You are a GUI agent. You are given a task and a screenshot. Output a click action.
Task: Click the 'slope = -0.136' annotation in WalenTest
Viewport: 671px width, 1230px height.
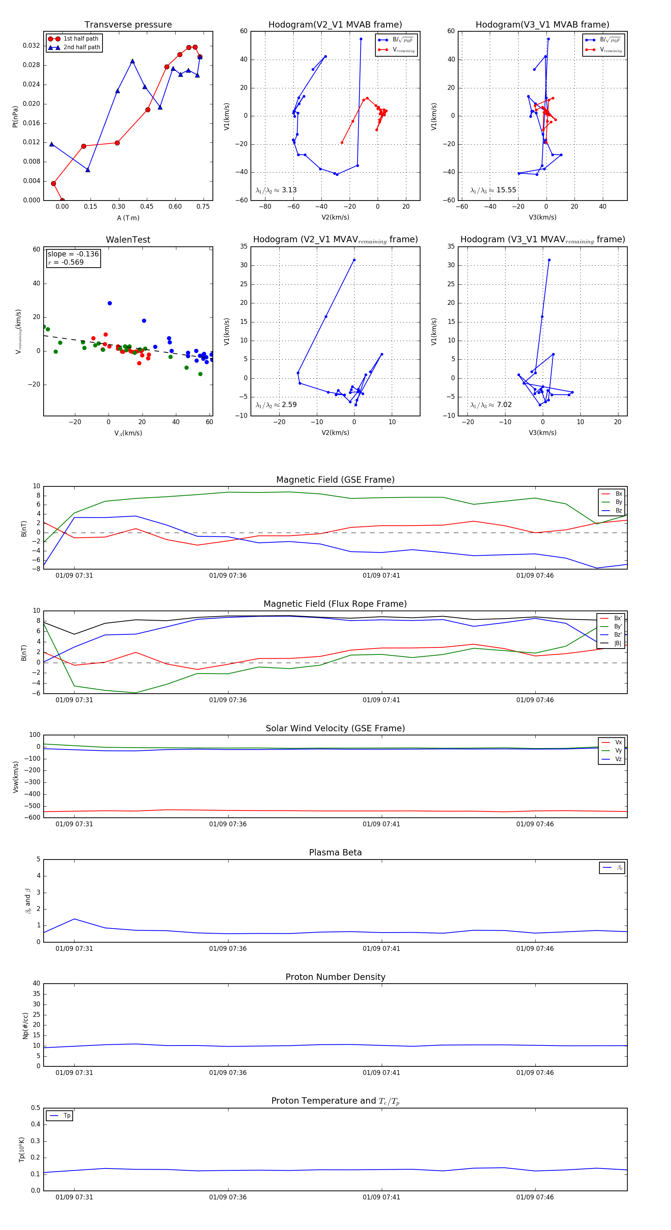tap(73, 254)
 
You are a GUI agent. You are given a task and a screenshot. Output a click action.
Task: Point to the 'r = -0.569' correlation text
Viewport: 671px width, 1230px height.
tap(66, 262)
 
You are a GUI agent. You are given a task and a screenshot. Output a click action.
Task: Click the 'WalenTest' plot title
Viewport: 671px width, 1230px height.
tap(128, 240)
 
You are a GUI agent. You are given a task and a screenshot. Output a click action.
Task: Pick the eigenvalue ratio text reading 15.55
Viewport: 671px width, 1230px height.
tap(493, 190)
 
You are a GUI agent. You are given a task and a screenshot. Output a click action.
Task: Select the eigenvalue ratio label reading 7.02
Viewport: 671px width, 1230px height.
tap(491, 405)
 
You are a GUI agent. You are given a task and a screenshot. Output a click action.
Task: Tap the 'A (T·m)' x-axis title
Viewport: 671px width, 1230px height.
tap(128, 218)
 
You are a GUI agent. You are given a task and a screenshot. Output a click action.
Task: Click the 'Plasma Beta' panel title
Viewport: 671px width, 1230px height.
tap(335, 853)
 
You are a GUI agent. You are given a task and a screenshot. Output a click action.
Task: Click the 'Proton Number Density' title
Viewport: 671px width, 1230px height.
tap(335, 977)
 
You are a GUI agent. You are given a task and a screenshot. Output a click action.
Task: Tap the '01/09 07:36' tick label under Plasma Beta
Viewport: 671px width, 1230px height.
tap(228, 948)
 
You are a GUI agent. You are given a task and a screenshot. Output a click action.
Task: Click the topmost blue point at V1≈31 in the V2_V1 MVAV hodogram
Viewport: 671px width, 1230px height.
tap(354, 260)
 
